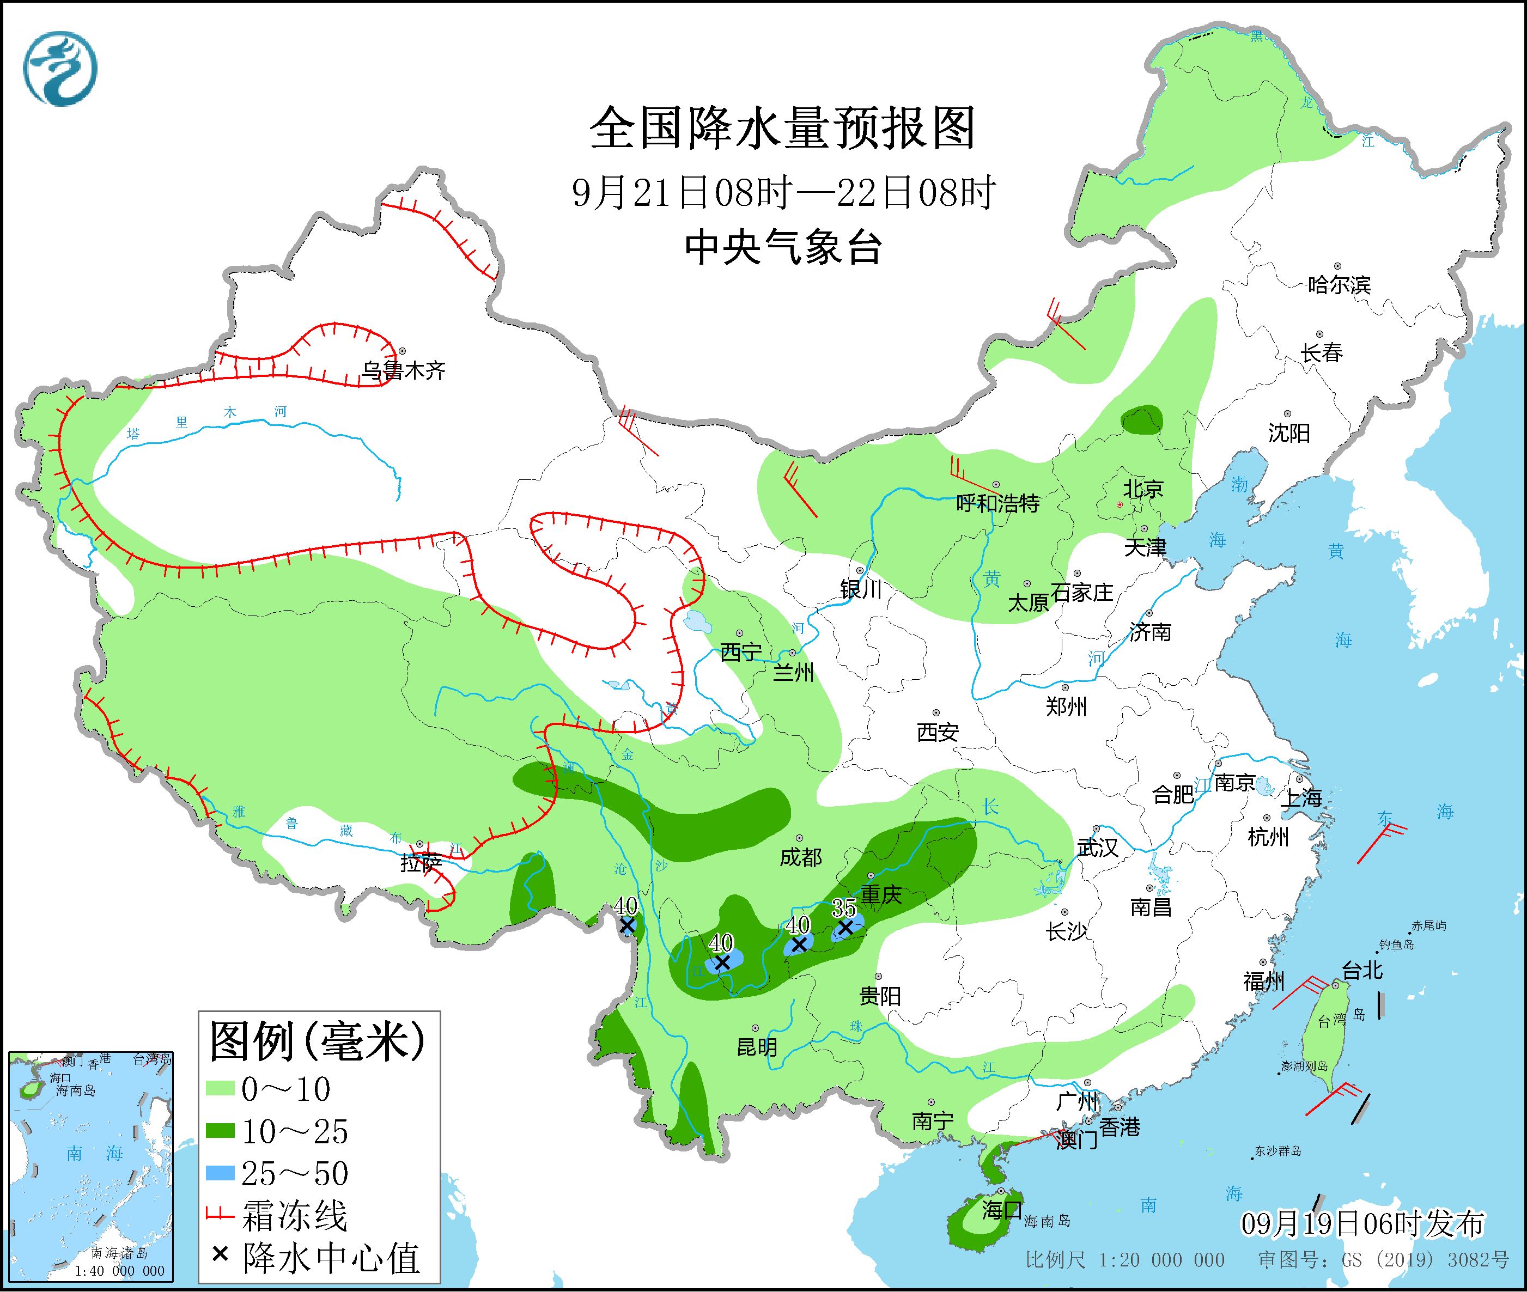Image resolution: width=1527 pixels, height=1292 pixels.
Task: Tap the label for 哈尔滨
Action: [x=1338, y=285]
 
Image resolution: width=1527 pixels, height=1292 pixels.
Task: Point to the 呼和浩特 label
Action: [x=997, y=503]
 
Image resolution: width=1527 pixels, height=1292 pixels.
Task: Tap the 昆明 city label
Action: [x=757, y=1047]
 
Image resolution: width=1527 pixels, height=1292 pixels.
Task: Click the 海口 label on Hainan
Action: [x=1002, y=1209]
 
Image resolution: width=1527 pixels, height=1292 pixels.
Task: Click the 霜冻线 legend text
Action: [x=294, y=1216]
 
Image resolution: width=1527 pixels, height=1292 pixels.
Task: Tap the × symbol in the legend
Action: [x=219, y=1257]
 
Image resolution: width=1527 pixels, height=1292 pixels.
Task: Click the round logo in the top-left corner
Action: [x=60, y=68]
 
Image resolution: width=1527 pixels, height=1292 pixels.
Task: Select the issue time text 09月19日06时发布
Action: [x=1362, y=1223]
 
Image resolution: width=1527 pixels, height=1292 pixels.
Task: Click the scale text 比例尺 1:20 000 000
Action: [x=1124, y=1260]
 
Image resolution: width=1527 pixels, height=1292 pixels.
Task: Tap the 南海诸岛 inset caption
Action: [x=119, y=1254]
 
